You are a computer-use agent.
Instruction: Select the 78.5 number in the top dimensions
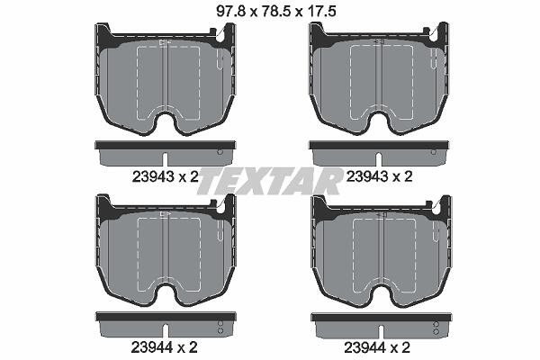(x=276, y=12)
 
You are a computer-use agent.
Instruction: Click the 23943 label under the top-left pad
(x=153, y=177)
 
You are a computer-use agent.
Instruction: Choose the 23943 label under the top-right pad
(x=366, y=176)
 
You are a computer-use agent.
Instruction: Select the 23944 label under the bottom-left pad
(x=152, y=347)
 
